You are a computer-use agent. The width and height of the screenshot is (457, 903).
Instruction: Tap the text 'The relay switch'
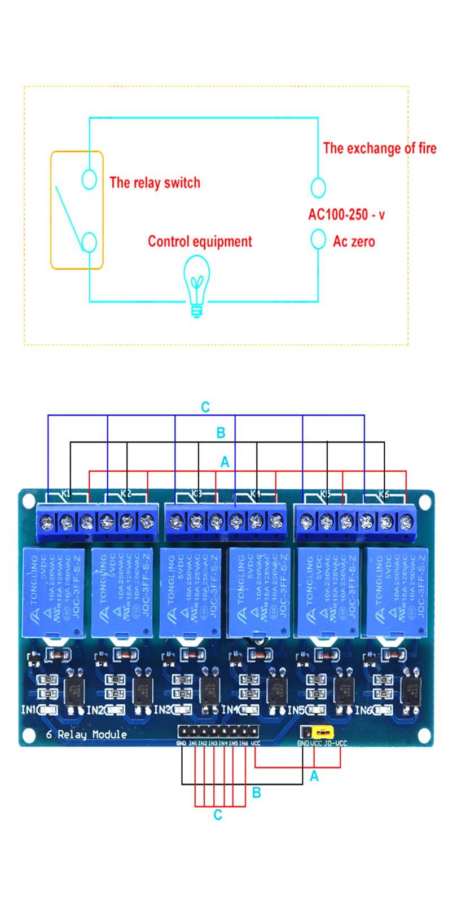(x=155, y=182)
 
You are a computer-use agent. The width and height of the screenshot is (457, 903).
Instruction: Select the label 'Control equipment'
(x=200, y=242)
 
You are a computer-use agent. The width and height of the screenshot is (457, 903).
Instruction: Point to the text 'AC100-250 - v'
(x=346, y=214)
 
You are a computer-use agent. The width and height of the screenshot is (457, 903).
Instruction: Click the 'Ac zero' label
(x=354, y=242)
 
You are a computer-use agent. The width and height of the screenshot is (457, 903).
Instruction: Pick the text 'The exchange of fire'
(x=379, y=148)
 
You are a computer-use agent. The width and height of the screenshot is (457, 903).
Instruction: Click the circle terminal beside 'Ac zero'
(x=318, y=239)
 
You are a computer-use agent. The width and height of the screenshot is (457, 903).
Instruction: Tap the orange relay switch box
(x=77, y=210)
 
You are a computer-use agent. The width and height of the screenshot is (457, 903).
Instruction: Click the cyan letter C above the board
(x=205, y=407)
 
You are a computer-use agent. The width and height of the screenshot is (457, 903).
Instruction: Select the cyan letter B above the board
(x=221, y=433)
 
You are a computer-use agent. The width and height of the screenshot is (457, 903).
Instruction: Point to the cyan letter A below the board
(x=314, y=777)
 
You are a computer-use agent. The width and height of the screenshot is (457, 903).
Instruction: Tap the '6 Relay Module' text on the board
(x=86, y=734)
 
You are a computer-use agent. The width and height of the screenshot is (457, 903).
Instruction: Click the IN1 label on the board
(x=29, y=709)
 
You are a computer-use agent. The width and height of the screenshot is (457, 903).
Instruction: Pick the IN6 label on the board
(x=363, y=709)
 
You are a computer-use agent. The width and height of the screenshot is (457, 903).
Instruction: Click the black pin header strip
(x=219, y=733)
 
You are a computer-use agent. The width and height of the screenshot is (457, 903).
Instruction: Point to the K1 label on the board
(x=66, y=494)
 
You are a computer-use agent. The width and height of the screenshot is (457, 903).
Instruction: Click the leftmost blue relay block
(x=54, y=591)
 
